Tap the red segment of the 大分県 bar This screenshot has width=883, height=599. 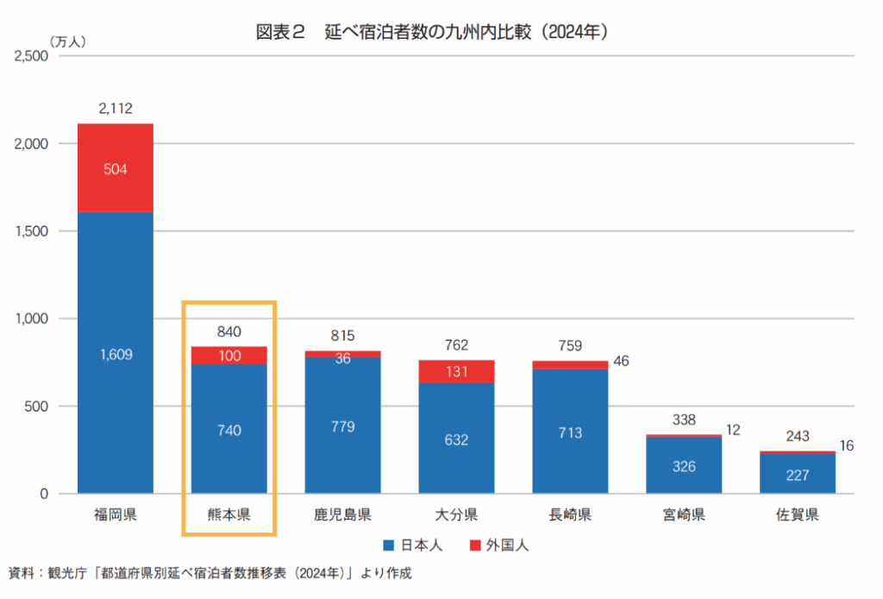pyautogui.click(x=456, y=371)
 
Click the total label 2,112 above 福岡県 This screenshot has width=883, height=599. pyautogui.click(x=115, y=109)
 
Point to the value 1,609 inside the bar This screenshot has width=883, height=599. pyautogui.click(x=115, y=355)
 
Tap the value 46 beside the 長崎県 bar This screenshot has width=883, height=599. pyautogui.click(x=621, y=361)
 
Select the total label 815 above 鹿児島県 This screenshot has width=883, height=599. pyautogui.click(x=342, y=336)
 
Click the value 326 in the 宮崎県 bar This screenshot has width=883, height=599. pyautogui.click(x=684, y=467)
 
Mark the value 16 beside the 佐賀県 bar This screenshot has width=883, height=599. pyautogui.click(x=846, y=445)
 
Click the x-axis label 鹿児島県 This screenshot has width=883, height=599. pyautogui.click(x=342, y=516)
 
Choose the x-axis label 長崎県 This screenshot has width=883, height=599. pyautogui.click(x=570, y=516)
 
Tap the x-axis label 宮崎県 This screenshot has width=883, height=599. pyautogui.click(x=684, y=516)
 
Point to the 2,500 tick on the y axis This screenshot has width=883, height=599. pyautogui.click(x=32, y=56)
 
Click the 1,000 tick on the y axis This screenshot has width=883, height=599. pyautogui.click(x=32, y=318)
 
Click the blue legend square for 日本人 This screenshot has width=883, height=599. pyautogui.click(x=387, y=545)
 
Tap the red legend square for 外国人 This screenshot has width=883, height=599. pyautogui.click(x=475, y=545)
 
